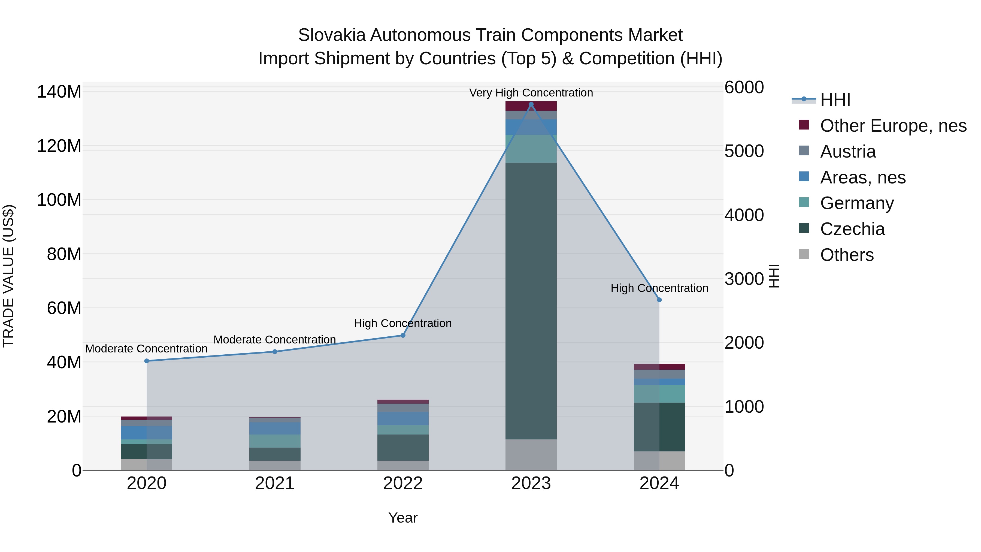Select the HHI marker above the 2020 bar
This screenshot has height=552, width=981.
[x=147, y=361]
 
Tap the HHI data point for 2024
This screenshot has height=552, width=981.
[x=659, y=300]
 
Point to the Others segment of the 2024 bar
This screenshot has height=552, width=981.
[x=659, y=461]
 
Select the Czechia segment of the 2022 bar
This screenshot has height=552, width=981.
[x=403, y=448]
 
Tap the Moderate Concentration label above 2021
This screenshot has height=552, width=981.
[x=275, y=339]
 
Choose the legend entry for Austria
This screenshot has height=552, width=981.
[x=848, y=152]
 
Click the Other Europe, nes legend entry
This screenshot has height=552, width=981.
[x=893, y=126]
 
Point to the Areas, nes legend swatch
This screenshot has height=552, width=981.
[x=804, y=177]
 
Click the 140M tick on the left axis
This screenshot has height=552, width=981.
[x=59, y=92]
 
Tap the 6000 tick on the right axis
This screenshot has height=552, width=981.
[x=743, y=87]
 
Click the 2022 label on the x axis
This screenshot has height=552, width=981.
[x=403, y=483]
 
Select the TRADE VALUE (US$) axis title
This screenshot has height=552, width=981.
[x=8, y=276]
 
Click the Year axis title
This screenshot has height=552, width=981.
[x=403, y=518]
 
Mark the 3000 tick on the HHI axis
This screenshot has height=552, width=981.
[x=743, y=279]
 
